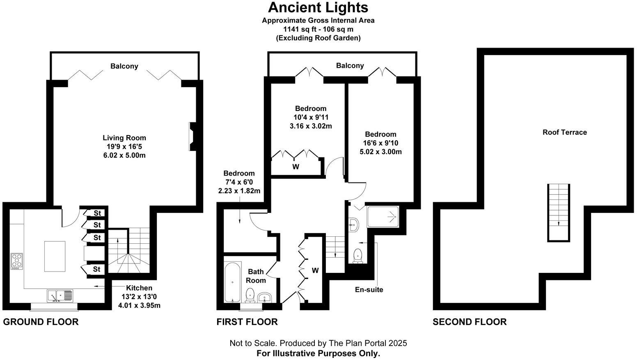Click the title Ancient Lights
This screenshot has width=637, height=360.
[x=318, y=7]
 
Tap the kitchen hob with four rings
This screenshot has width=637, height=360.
[x=17, y=261]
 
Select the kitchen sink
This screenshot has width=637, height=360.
[x=60, y=295]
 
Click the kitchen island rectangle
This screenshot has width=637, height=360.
[x=55, y=256]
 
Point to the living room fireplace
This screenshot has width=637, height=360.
[x=192, y=137]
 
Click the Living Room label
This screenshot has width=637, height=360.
[x=124, y=138]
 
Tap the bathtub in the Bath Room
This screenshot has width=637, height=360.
[x=232, y=282]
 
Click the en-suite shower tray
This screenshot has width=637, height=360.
[x=383, y=217]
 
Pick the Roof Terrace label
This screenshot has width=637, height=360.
[x=564, y=132]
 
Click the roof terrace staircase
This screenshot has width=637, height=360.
[x=558, y=212]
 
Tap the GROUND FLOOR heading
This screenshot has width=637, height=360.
[x=41, y=322]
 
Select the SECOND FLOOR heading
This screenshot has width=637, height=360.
[x=470, y=322]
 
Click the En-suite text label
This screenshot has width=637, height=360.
[x=369, y=290]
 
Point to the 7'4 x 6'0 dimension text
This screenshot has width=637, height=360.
[x=239, y=182]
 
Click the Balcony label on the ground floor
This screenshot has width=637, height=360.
[x=124, y=66]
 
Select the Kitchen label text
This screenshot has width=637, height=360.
[x=139, y=288]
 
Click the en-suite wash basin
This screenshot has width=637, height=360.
[x=353, y=224]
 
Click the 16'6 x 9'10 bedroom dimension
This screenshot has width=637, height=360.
[x=380, y=143]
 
